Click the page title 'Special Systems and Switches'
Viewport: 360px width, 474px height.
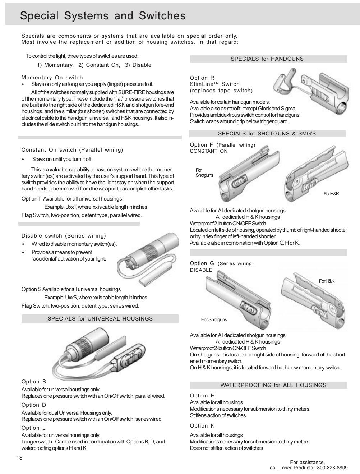click(103, 16)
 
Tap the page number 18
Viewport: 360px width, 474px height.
click(19, 457)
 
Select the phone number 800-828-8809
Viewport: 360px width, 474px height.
click(332, 468)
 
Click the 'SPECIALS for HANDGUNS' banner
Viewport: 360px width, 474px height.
click(267, 59)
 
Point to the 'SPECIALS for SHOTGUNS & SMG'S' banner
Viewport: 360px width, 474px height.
click(267, 134)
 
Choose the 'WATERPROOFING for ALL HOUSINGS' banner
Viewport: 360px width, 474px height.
click(273, 385)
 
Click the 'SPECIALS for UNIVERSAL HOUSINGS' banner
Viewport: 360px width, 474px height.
click(100, 319)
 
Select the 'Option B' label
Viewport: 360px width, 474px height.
click(34, 382)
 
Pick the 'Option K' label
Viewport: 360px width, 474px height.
click(202, 426)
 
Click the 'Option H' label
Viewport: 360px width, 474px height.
click(202, 396)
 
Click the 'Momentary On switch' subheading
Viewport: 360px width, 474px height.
click(52, 78)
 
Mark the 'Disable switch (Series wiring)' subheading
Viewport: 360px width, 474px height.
click(64, 236)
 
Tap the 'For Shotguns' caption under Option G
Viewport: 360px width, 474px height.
click(214, 320)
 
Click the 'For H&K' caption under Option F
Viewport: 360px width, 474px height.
click(331, 194)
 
